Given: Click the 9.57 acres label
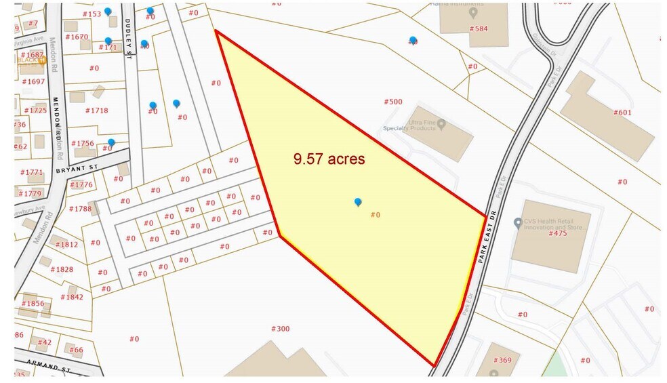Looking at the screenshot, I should coord(329,159).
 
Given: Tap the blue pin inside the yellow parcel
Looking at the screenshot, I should coord(358,202).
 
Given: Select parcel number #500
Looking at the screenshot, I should coord(393,102).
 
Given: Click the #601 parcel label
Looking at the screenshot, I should coord(622,113).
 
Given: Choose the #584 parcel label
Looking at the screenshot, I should coord(479,29).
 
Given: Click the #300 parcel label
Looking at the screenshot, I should coord(280,329).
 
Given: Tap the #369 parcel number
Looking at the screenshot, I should coord(502,361).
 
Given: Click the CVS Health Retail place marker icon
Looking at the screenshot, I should coord(517,222).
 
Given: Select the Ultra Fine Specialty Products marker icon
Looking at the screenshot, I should coord(441,124).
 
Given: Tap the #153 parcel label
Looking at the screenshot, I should coord(91,14).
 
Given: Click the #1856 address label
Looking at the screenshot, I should coord(32,304).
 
